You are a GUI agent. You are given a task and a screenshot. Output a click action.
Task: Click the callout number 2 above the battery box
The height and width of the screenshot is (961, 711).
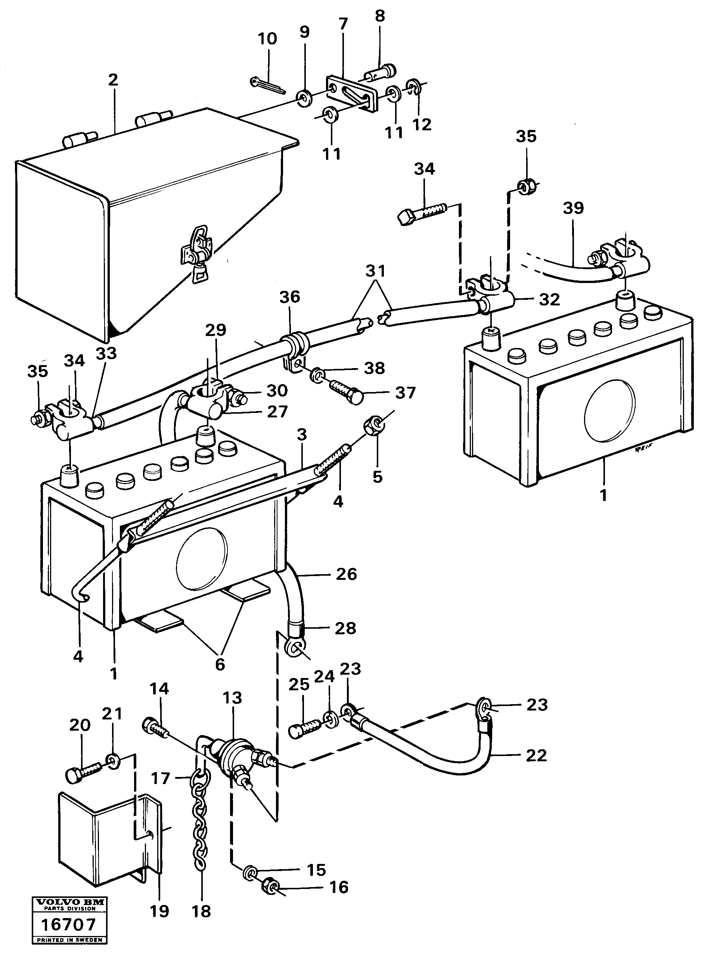(x=113, y=80)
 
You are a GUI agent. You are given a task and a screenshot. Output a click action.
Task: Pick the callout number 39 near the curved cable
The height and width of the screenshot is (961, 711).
(x=573, y=208)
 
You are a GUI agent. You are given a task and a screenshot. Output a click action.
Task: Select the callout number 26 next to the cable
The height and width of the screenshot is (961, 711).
(x=347, y=574)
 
